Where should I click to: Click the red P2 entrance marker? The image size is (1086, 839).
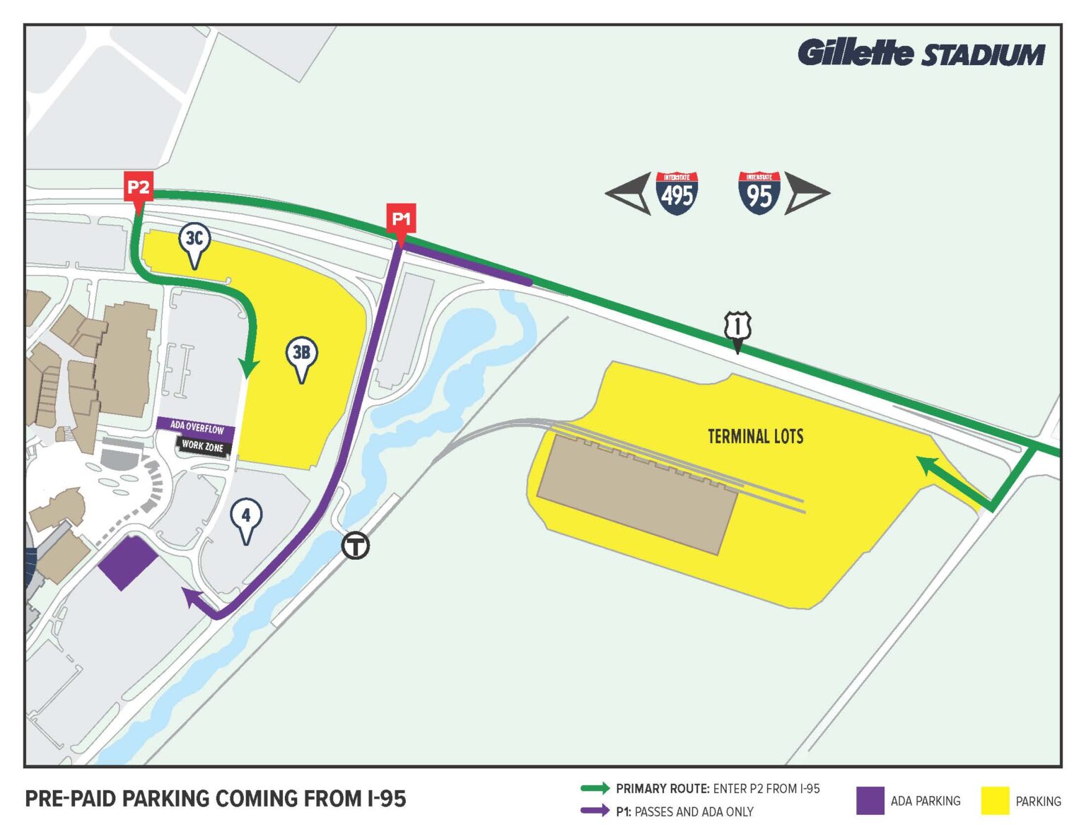tap(138, 188)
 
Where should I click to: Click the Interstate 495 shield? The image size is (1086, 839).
tap(677, 193)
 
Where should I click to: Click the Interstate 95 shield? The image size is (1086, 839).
tap(759, 193)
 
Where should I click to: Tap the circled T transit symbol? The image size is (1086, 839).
tap(356, 546)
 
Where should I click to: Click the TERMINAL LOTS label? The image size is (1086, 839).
tap(756, 436)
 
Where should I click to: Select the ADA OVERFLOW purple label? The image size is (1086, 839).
tap(197, 428)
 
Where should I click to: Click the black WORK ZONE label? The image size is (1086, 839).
tap(203, 446)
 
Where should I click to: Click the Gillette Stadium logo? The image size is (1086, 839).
tap(921, 54)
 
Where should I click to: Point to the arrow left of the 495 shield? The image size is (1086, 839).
tap(629, 193)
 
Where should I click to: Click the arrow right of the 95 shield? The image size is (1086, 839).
tap(806, 193)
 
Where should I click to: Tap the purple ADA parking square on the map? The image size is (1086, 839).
tap(127, 563)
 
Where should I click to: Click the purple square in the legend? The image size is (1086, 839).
tap(870, 801)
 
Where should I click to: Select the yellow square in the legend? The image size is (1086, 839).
tap(995, 801)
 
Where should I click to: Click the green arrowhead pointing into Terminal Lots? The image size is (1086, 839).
tap(926, 464)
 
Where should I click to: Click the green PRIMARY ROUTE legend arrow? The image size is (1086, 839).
tap(595, 788)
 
